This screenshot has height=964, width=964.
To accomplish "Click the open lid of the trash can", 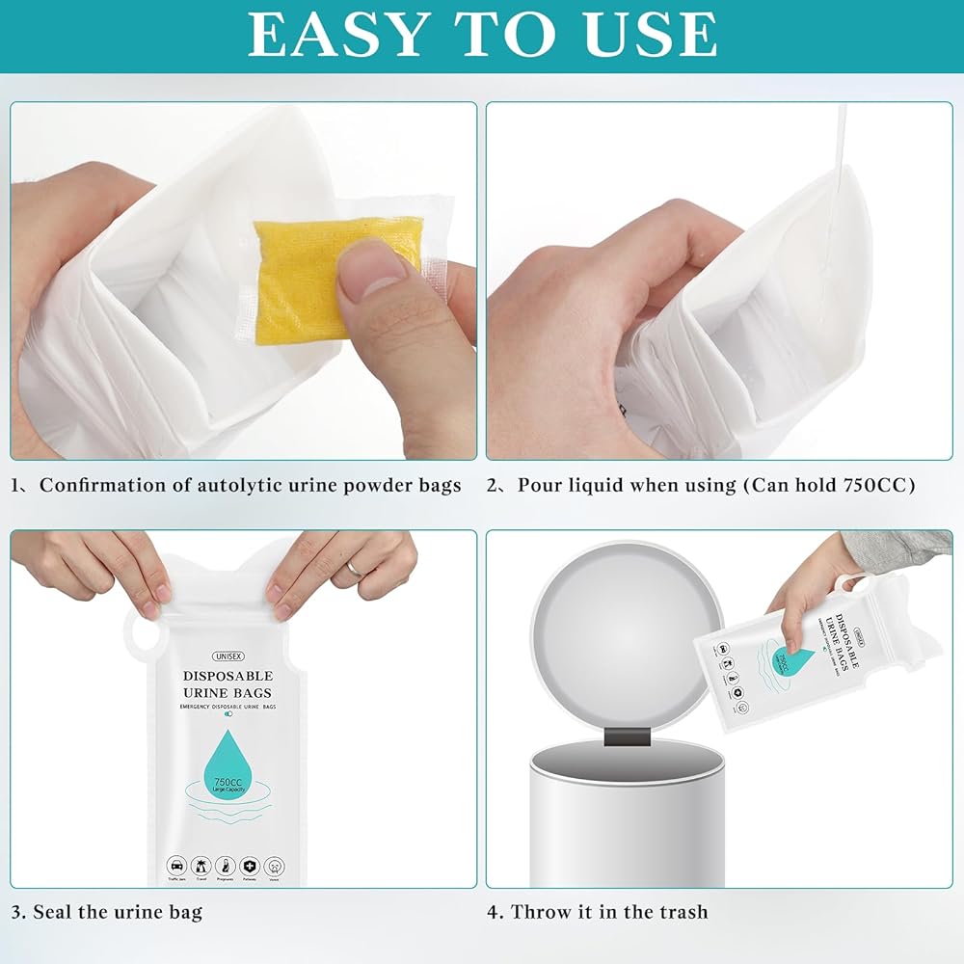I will point(627,636).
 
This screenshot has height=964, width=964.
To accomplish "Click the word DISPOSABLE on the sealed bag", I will point(227,676).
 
